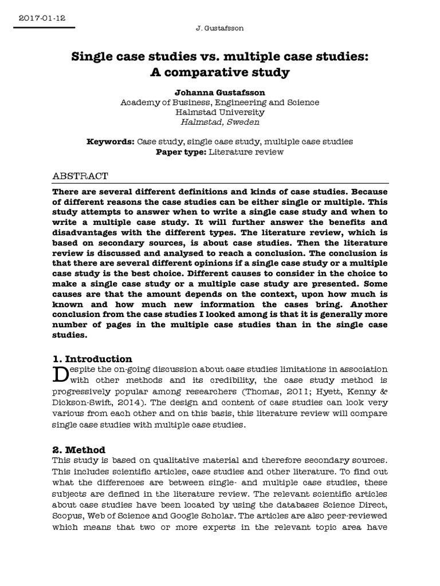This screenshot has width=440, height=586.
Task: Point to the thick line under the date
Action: click(40, 27)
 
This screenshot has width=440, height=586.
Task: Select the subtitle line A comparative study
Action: click(220, 73)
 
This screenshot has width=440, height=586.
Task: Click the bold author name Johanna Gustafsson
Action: click(220, 92)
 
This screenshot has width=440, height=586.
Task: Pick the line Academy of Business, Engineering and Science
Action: click(220, 102)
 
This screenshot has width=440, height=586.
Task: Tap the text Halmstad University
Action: click(220, 112)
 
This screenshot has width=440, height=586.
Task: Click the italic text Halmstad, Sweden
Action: click(220, 122)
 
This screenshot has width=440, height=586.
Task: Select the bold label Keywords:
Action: click(111, 141)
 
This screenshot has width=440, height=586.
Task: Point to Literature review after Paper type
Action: click(246, 152)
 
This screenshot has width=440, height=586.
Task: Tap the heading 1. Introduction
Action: click(92, 359)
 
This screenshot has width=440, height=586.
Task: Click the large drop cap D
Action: click(60, 374)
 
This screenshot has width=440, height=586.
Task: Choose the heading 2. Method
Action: click(79, 450)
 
